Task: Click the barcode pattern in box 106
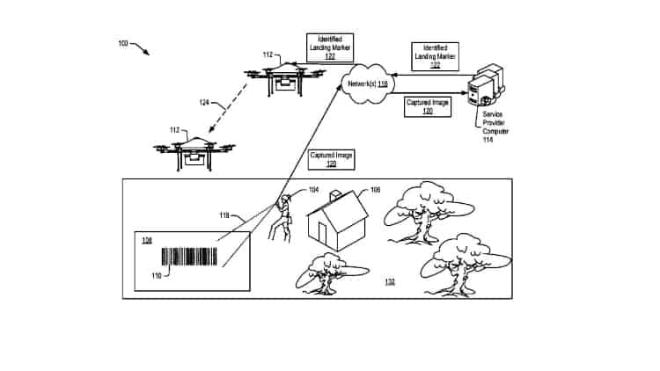[x=188, y=256]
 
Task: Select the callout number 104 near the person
[x=313, y=191]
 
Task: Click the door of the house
[x=321, y=235]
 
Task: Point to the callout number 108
[x=375, y=190]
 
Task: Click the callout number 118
[x=224, y=215]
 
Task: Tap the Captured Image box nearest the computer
[x=428, y=106]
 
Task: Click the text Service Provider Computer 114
[x=497, y=122]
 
